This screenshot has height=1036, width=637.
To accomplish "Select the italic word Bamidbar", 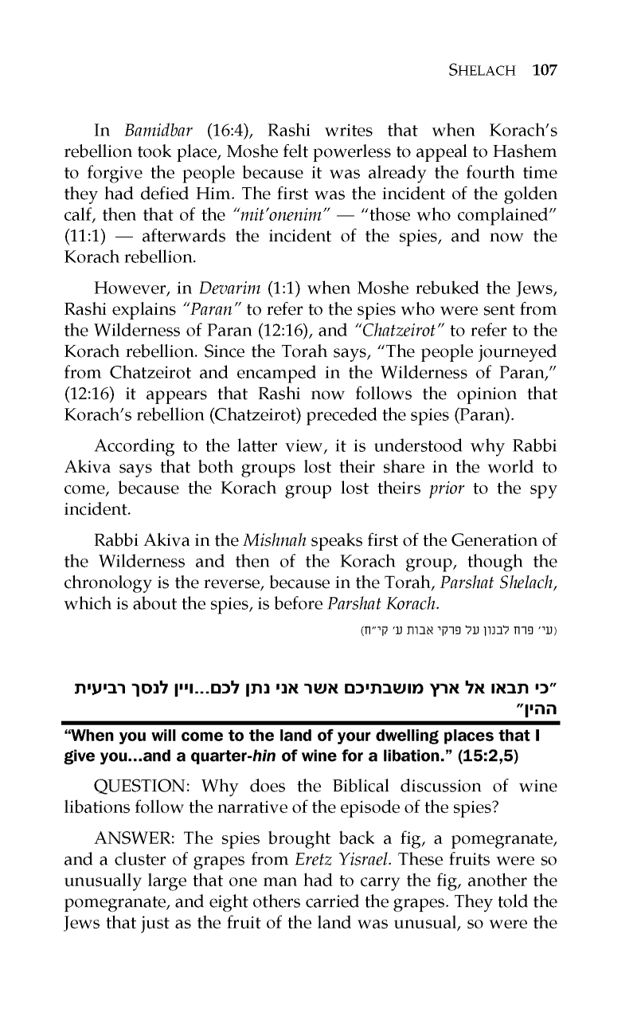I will [158, 131].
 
